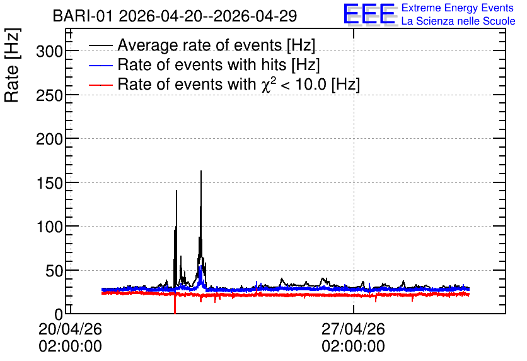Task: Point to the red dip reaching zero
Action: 175,304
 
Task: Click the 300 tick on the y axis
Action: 49,52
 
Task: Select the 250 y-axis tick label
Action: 49,95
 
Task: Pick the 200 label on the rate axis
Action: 49,139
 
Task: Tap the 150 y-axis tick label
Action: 49,183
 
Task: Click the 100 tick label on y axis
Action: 49,227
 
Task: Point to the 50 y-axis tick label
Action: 54,271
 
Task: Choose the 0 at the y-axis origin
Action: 59,314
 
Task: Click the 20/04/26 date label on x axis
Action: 70,329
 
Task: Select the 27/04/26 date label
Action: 353,329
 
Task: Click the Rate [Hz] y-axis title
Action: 12,65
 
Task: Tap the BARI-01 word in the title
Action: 83,16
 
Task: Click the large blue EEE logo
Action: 369,14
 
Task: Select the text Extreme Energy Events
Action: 458,8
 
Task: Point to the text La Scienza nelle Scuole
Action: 458,21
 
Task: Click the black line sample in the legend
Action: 100,45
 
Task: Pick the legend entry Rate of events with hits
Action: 219,64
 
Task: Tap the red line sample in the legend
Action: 100,85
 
